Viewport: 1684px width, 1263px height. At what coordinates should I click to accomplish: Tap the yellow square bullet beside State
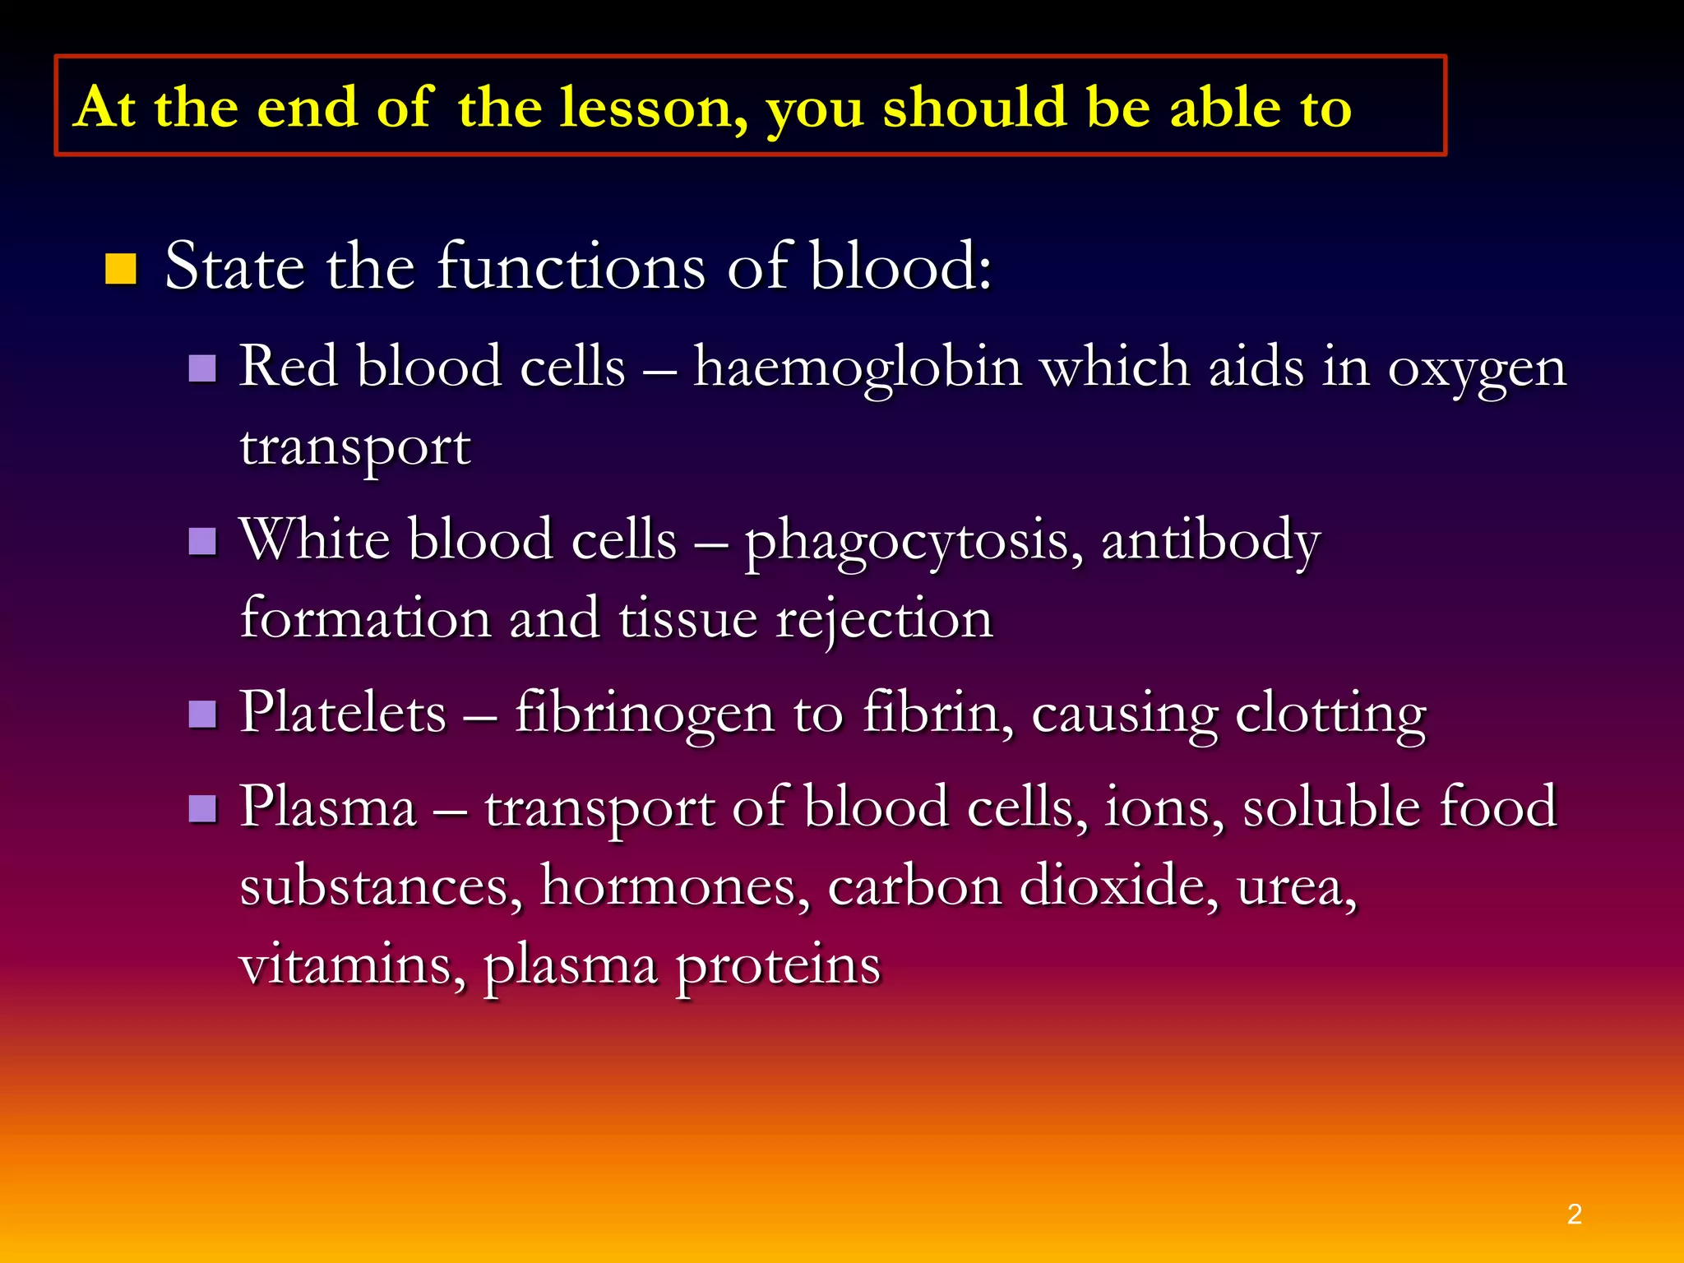tap(121, 269)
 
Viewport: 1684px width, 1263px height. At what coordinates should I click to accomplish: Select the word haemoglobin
tap(858, 367)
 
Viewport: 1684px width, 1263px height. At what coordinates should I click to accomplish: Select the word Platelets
tap(343, 713)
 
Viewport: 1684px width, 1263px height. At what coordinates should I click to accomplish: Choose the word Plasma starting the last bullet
tap(328, 807)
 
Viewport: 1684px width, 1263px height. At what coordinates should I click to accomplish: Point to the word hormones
tap(674, 886)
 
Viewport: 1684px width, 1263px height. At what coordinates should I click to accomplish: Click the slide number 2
tap(1575, 1214)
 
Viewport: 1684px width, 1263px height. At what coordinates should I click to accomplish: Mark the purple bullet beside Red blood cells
tap(202, 369)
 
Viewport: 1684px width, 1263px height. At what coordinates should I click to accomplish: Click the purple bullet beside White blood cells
tap(202, 542)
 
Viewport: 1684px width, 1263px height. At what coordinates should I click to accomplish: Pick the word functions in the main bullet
tap(571, 267)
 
